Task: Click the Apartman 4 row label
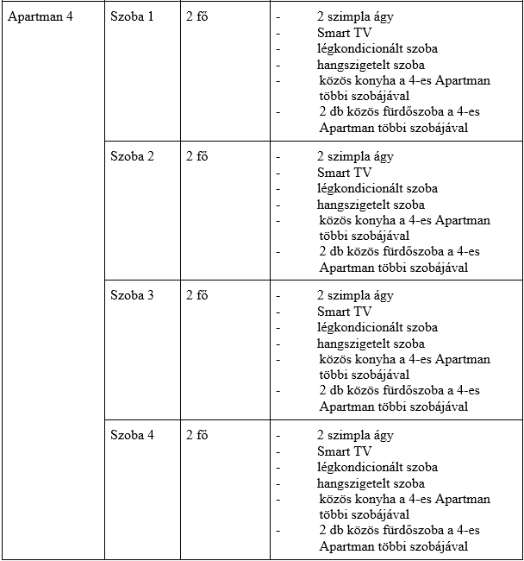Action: click(40, 17)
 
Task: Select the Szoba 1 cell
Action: click(132, 17)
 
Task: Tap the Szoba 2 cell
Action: click(132, 156)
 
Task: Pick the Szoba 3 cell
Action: click(132, 295)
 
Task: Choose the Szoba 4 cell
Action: click(132, 435)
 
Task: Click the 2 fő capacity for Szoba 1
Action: click(196, 17)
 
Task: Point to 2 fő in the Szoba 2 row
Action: click(196, 156)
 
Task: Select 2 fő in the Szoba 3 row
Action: click(196, 295)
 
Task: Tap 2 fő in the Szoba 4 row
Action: click(196, 435)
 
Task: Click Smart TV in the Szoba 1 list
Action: click(344, 33)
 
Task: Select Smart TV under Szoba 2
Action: click(344, 173)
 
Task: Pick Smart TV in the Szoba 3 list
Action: click(344, 312)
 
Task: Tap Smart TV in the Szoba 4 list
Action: click(344, 451)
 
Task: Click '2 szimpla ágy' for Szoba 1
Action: click(355, 17)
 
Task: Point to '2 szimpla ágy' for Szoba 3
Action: click(355, 295)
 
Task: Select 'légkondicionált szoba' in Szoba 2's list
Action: click(377, 188)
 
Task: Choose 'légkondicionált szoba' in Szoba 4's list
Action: click(377, 467)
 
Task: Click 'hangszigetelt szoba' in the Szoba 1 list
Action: click(371, 65)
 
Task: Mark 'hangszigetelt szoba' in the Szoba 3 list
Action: click(371, 344)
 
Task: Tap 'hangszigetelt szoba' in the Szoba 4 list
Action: click(371, 483)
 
